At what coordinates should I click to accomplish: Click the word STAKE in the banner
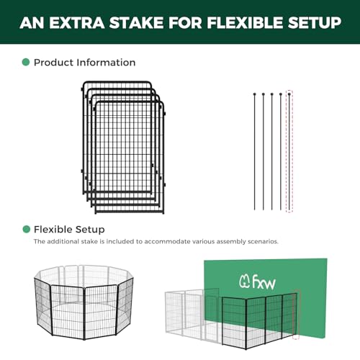click(137, 22)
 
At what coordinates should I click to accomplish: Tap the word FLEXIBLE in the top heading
click(245, 22)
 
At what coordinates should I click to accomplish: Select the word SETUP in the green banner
click(315, 22)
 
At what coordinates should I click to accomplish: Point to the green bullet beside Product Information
click(26, 62)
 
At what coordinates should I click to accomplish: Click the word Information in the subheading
click(106, 63)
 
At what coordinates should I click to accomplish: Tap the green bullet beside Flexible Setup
click(26, 229)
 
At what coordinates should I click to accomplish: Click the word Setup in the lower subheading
click(89, 230)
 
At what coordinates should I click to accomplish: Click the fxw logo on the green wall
click(257, 282)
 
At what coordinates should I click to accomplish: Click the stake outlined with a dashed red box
click(289, 151)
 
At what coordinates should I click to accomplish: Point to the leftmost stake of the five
click(255, 151)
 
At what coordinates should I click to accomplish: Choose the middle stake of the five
click(272, 151)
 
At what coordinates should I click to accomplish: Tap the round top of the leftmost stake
click(255, 94)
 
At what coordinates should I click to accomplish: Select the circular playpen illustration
click(84, 302)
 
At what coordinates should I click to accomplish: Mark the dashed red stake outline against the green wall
click(297, 315)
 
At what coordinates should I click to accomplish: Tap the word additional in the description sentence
click(63, 241)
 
